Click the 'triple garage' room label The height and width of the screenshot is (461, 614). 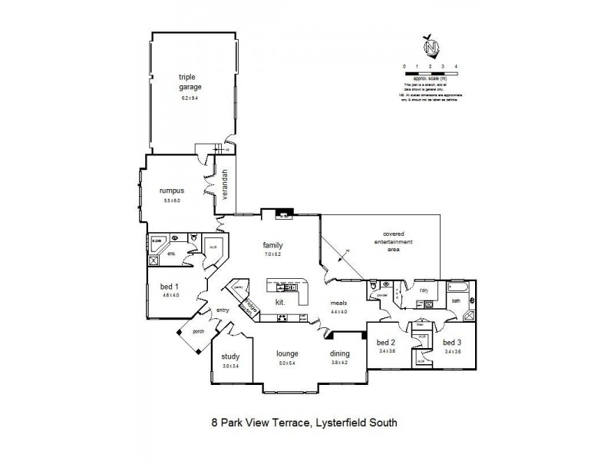point(190,82)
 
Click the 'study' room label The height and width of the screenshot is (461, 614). point(230,357)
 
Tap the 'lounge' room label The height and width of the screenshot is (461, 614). point(288,354)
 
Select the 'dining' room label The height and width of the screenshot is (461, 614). point(339,354)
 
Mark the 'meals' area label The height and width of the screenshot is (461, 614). point(339,303)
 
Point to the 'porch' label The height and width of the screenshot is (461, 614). point(197,332)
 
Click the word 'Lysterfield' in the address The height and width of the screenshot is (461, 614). point(345,421)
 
